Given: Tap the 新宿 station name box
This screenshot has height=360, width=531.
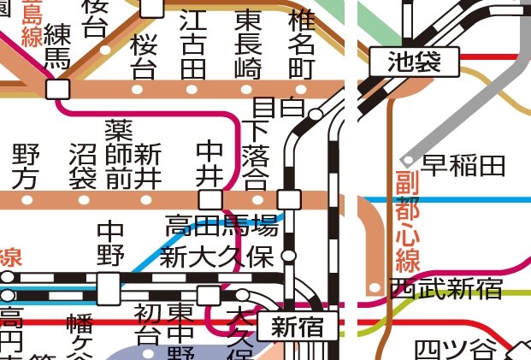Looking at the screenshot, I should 298,326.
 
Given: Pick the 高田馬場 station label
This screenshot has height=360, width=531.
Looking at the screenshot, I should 221,227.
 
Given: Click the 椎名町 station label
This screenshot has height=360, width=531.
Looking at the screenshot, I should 301,43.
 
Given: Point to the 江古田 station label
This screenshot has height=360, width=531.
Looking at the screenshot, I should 193,43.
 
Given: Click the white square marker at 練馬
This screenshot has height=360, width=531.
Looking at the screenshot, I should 58,89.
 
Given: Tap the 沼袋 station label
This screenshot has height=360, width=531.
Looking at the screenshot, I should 83,166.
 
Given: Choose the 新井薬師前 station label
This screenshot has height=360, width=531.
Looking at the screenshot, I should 133,154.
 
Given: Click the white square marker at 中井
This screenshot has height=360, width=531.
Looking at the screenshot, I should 210,200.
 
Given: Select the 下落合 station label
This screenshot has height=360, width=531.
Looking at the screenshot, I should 255,155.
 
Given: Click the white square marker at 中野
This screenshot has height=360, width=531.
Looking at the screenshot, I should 109,288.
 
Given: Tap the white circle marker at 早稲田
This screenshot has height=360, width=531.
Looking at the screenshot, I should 409,160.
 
